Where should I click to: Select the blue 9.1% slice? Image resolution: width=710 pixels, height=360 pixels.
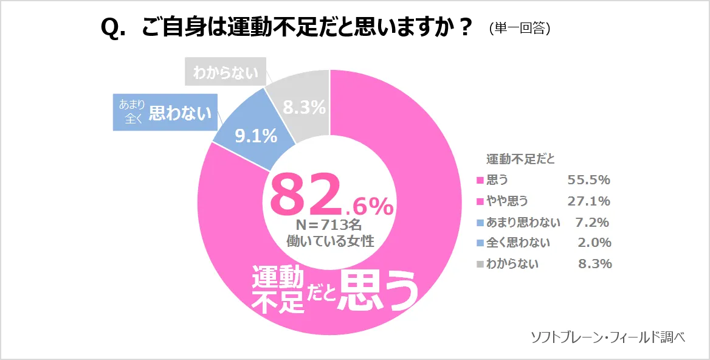click(x=255, y=135)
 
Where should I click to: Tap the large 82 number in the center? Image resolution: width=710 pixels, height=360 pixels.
click(x=304, y=194)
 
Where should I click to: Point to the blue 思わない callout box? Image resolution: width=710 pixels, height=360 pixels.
click(x=165, y=112)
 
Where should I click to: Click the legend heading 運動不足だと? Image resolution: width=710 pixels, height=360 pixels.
click(x=520, y=159)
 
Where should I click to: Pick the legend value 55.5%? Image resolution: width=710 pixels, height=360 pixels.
click(x=588, y=180)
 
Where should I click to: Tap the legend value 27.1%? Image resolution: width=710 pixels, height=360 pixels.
click(x=588, y=201)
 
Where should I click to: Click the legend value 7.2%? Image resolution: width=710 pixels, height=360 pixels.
click(x=591, y=222)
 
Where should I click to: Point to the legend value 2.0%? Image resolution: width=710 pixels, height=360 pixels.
click(x=594, y=243)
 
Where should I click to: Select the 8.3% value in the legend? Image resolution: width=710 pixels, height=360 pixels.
click(x=594, y=264)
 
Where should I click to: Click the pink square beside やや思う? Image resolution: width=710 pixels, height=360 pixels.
click(x=480, y=201)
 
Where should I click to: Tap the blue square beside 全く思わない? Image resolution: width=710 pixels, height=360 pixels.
click(x=480, y=243)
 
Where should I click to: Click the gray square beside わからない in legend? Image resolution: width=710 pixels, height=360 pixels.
click(x=480, y=264)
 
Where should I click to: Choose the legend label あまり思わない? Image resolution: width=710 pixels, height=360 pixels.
click(x=523, y=222)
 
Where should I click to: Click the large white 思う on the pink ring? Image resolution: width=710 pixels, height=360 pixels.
click(x=379, y=290)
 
